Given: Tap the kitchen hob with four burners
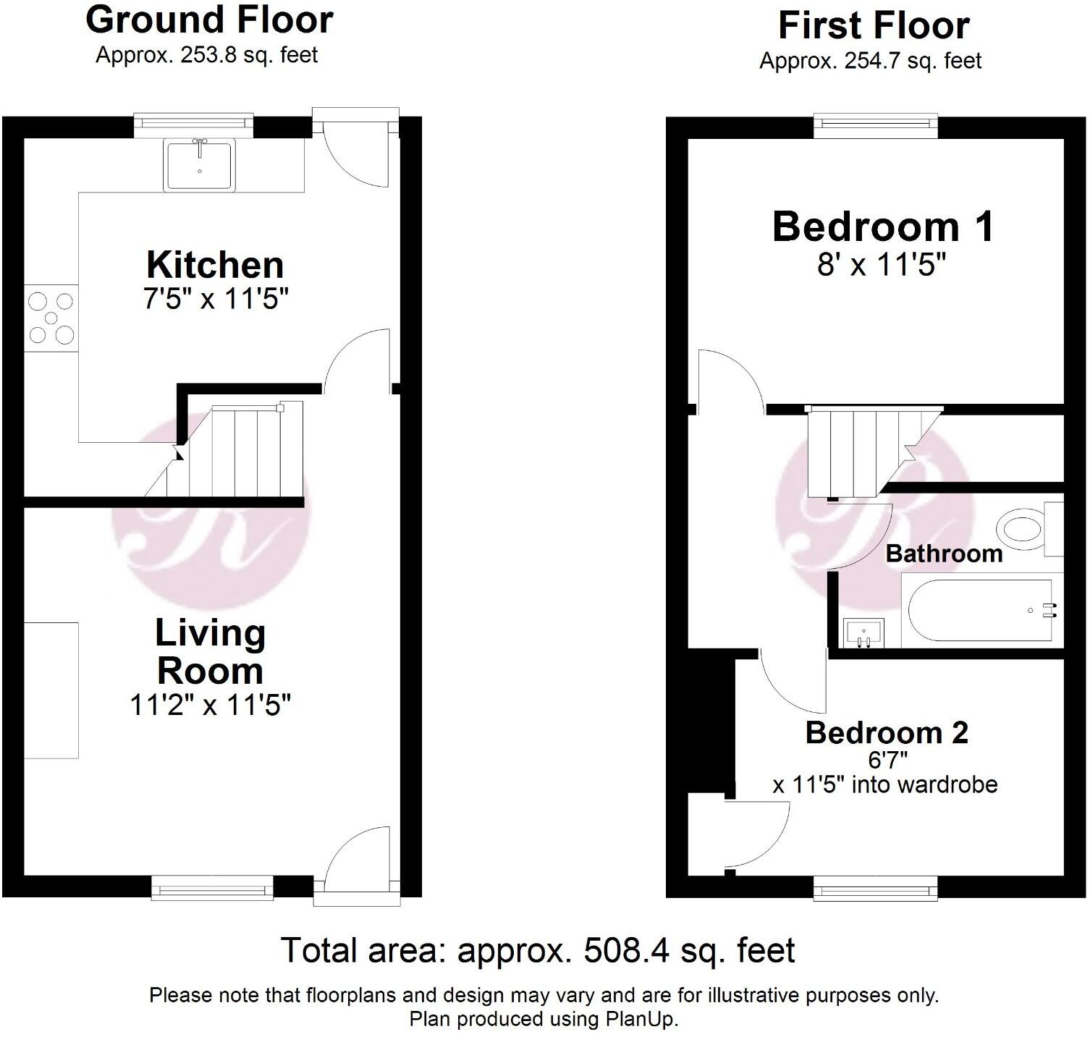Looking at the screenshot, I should tap(50, 318).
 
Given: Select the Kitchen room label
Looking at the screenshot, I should tap(215, 265).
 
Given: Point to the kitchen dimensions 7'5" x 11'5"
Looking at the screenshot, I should tap(216, 299).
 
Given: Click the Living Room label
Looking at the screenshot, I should tap(210, 652).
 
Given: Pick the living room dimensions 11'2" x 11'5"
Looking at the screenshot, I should tap(210, 704).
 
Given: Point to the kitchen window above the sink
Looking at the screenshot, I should tap(194, 124).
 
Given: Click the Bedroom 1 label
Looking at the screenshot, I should tap(882, 227).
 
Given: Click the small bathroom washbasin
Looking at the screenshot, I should tap(863, 632).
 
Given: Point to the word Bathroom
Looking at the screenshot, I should tap(944, 554).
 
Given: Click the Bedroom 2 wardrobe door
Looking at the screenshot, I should tap(756, 832).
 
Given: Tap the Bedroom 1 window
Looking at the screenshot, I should tap(876, 126).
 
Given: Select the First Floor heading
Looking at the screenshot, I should tap(873, 26).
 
